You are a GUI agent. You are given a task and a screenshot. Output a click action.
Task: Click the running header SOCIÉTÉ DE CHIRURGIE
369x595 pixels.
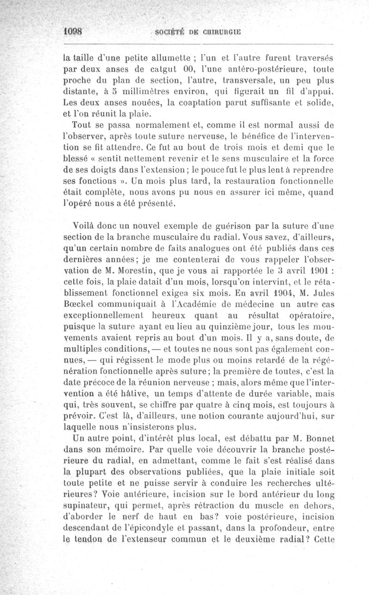point(199,32)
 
